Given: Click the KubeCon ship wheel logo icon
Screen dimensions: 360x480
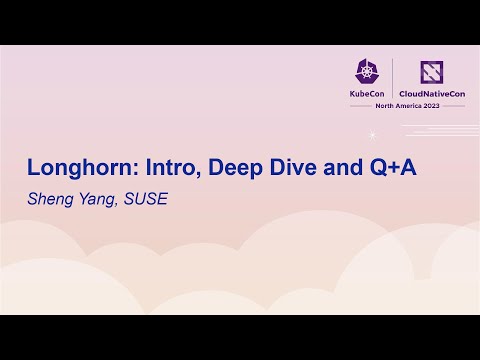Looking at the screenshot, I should (365, 70).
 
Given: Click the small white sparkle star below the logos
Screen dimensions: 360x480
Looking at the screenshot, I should (373, 133).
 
